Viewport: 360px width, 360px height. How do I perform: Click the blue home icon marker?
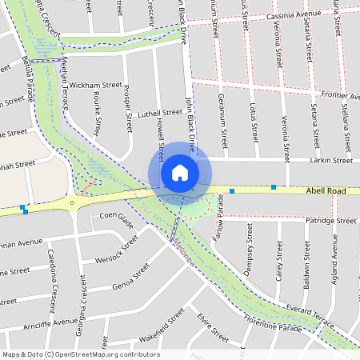179,172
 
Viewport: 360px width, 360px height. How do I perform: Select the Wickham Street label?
95,84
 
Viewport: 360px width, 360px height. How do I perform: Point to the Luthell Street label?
159,113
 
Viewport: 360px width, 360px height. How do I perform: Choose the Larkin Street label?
332,161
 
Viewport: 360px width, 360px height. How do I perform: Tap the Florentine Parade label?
272,327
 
